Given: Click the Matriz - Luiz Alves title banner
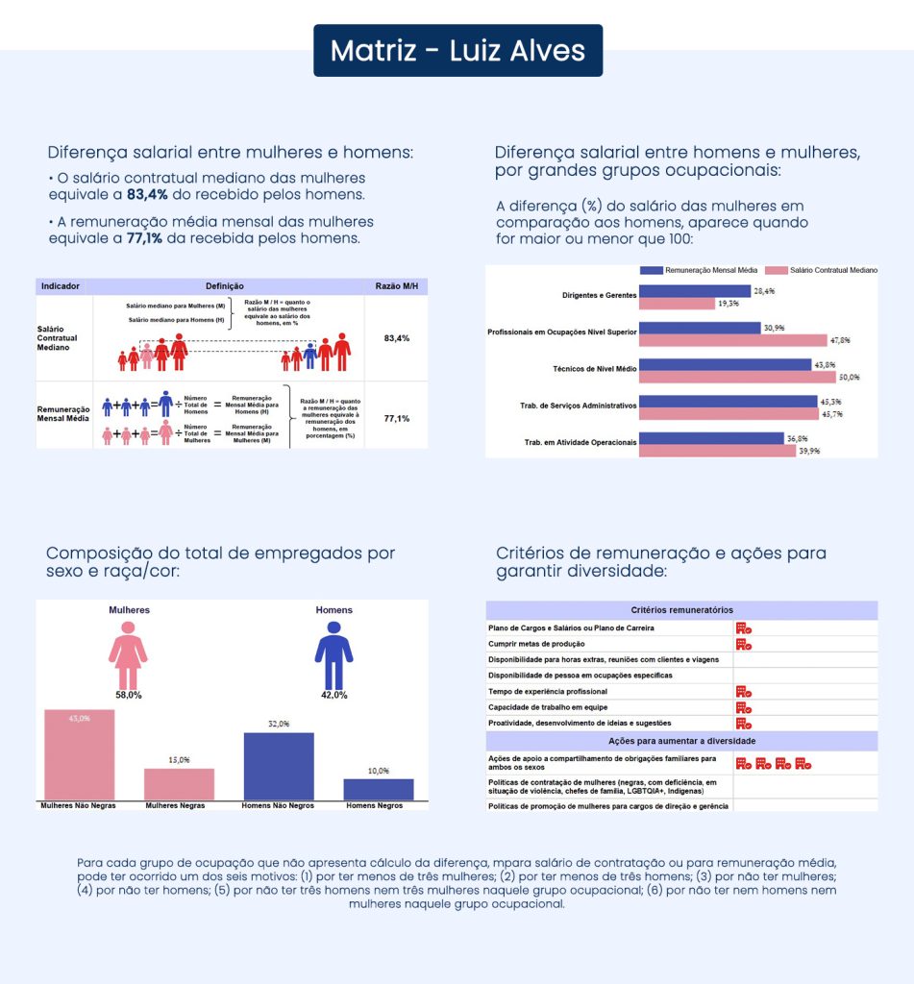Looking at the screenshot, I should click(457, 50).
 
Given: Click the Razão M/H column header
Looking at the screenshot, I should click(396, 286).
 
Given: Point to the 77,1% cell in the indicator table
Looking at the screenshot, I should click(396, 419).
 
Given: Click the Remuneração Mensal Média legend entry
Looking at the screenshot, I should click(707, 271).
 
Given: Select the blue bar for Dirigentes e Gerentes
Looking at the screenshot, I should click(695, 290).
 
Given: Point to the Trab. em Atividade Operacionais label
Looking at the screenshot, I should click(580, 442).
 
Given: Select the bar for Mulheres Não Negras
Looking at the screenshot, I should click(80, 754).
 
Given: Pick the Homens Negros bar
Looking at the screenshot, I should click(379, 789).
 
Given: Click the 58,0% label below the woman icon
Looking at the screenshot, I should click(128, 694).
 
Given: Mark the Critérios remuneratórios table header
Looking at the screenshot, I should click(681, 610).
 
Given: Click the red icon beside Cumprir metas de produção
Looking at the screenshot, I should click(744, 644).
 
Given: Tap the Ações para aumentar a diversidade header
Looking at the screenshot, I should click(681, 741).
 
